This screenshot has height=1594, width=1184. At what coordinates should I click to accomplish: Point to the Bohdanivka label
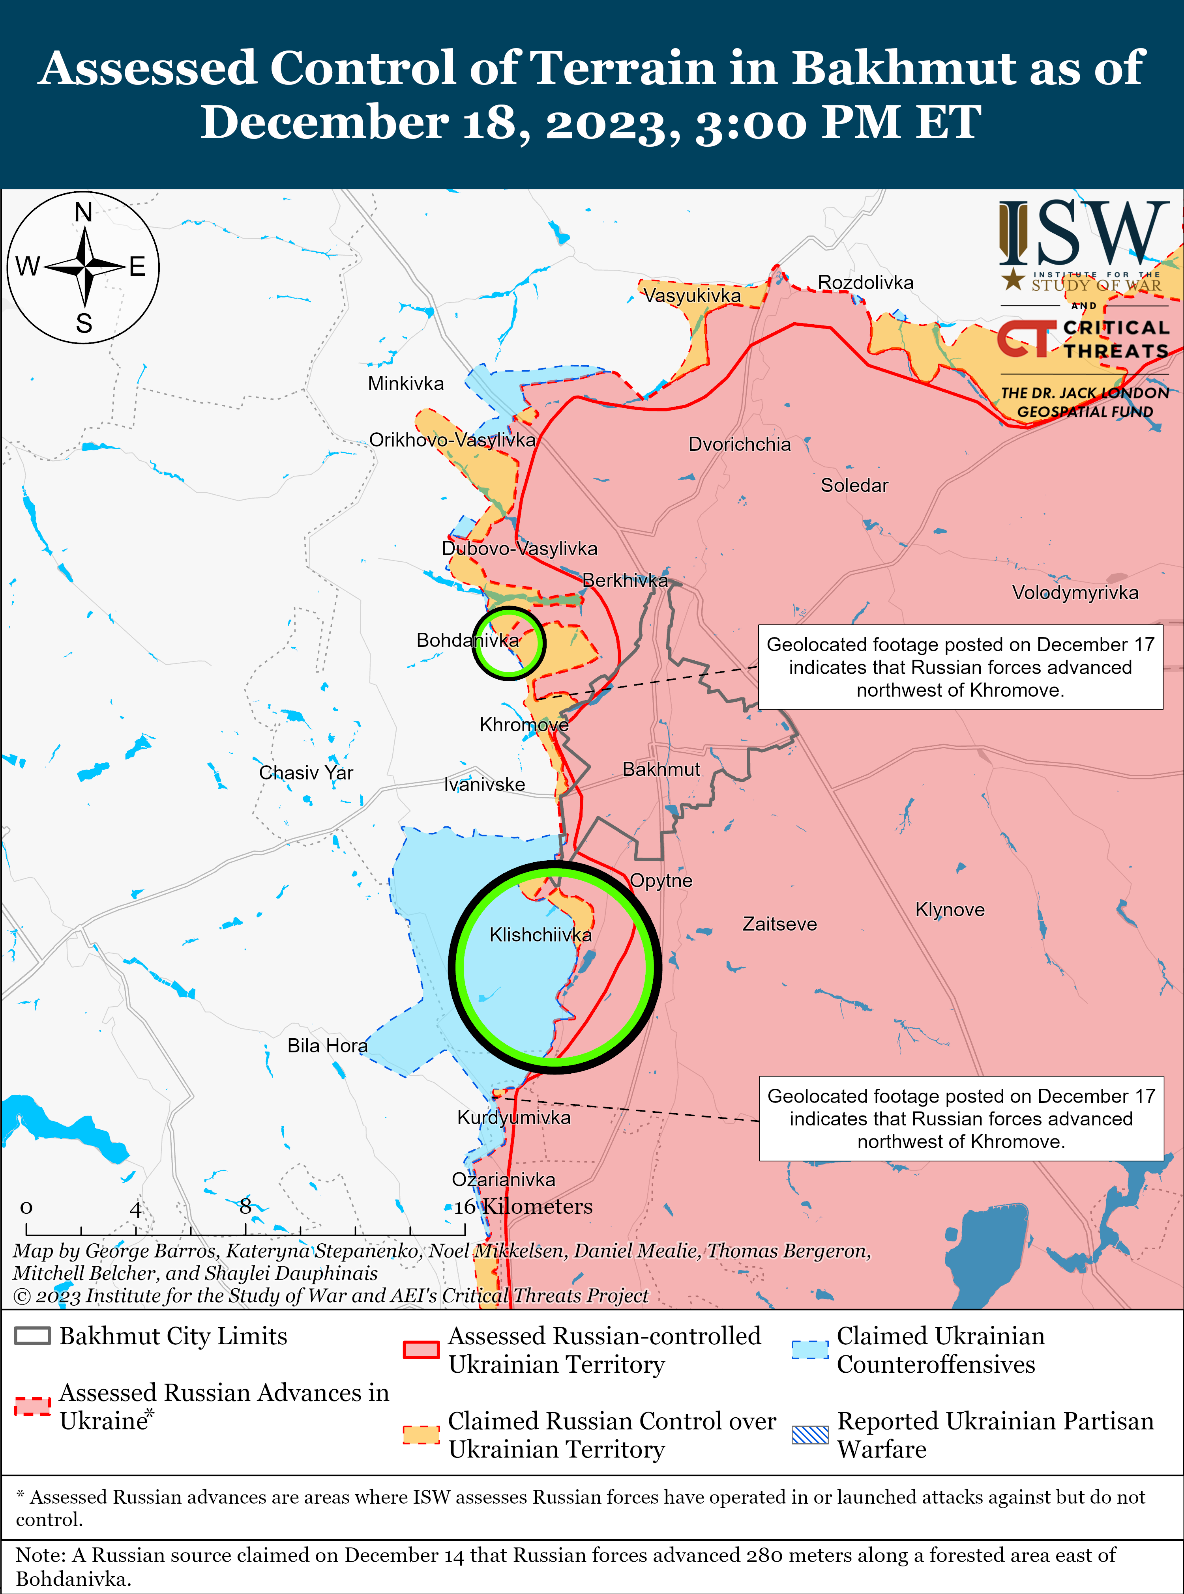pos(467,640)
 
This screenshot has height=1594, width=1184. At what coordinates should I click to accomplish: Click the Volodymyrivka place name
pos(1074,592)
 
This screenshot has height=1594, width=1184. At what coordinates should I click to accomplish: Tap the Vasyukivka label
pos(691,295)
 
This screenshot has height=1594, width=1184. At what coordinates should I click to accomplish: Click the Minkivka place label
pos(406,383)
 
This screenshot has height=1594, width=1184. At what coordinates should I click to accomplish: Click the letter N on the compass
pos(84,212)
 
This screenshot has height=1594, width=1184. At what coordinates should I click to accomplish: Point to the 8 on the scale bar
pos(245,1206)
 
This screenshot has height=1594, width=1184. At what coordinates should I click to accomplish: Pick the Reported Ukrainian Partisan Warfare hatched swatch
pos(810,1434)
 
